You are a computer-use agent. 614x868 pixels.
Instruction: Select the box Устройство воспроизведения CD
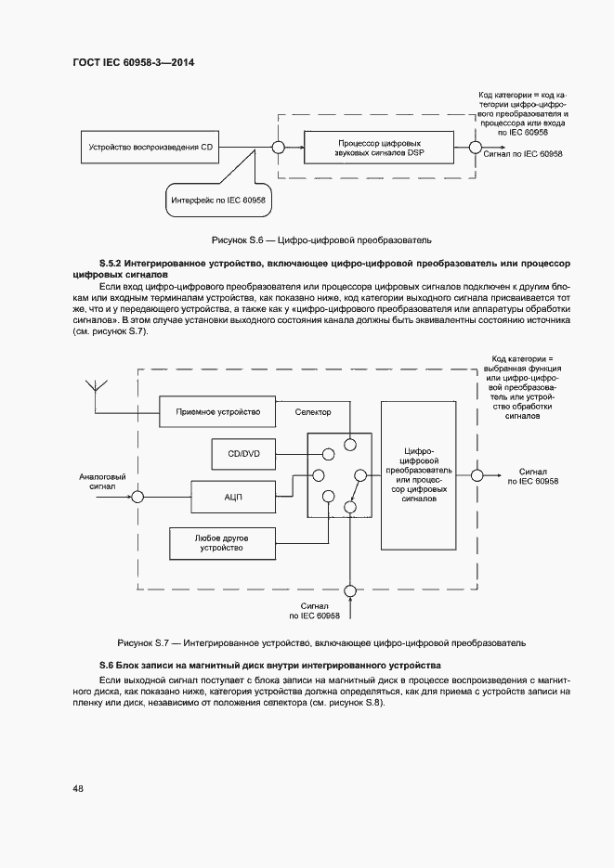coord(150,146)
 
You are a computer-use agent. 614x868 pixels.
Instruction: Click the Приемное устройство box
coord(217,411)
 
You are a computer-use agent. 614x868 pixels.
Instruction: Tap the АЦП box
coord(232,497)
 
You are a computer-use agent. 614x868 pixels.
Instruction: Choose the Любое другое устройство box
coord(221,543)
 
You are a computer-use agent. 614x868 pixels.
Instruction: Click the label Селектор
coord(313,411)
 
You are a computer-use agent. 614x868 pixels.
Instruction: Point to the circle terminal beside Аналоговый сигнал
coord(137,498)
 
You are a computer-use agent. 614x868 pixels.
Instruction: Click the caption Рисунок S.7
coord(321,642)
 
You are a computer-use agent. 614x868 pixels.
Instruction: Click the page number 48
coord(78,788)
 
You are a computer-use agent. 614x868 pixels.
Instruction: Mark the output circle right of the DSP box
coord(474,146)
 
